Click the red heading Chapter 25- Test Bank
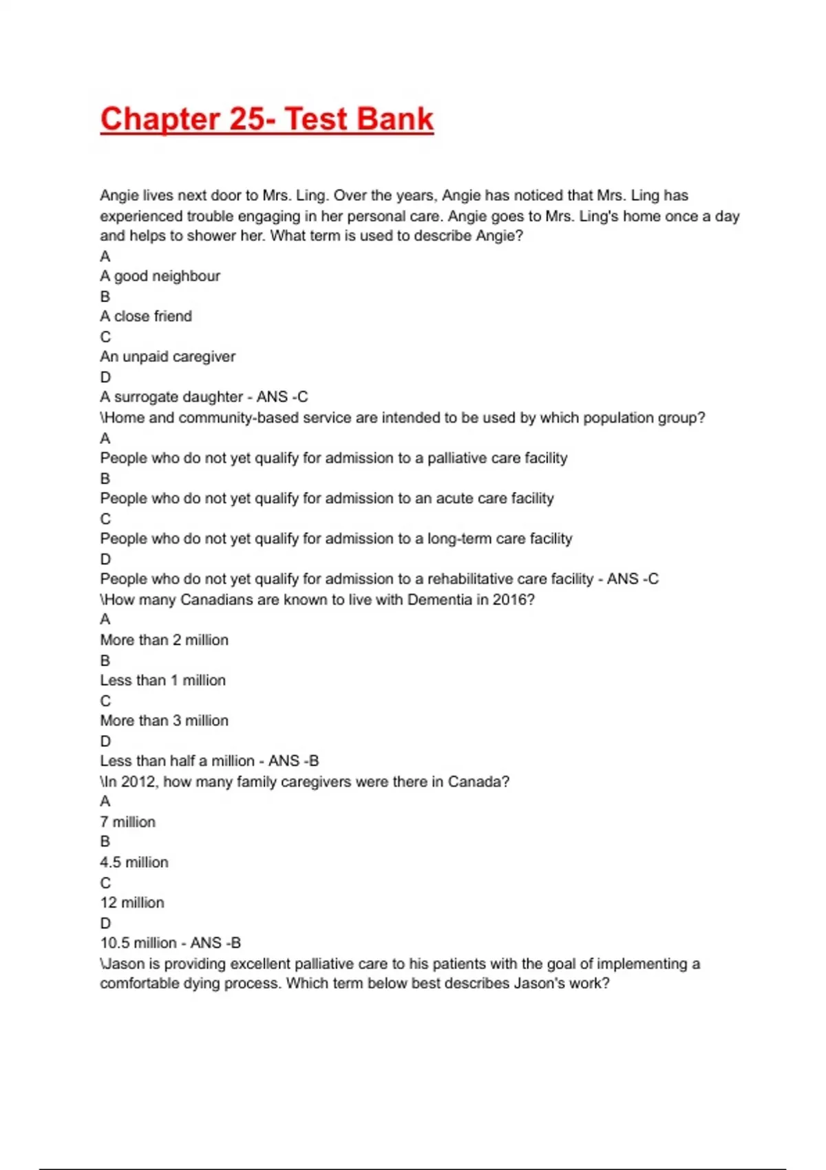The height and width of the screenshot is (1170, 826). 267,119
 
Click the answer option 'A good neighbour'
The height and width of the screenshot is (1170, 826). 160,276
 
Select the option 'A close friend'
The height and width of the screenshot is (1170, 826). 146,316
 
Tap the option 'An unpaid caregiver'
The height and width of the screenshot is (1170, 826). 167,357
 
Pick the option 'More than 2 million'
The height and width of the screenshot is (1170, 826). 164,640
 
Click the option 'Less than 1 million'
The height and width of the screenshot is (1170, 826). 162,681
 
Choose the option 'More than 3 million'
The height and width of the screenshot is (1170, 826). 164,721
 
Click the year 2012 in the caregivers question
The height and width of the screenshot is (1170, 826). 138,782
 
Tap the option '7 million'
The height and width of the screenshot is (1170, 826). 127,822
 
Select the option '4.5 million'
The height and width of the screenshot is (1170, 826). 134,862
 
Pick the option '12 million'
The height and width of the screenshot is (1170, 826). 131,903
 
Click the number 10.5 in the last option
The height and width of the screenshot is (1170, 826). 112,943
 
